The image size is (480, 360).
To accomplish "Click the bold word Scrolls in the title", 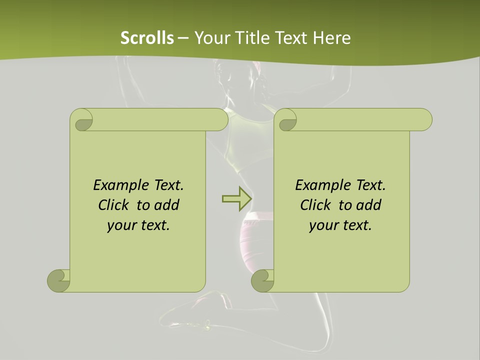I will [x=147, y=38].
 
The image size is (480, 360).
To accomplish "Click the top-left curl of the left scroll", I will [x=82, y=120].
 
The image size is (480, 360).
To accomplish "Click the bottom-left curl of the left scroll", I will [x=59, y=280].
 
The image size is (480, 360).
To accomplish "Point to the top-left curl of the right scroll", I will [x=286, y=120].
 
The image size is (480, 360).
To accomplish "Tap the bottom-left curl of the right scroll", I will [x=262, y=280].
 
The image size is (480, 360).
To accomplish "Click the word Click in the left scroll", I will [x=114, y=205].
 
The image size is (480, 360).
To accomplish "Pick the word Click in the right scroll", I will [x=316, y=205].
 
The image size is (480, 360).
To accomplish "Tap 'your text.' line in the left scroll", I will [x=138, y=225].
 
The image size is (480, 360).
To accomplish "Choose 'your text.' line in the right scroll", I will [x=340, y=225].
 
